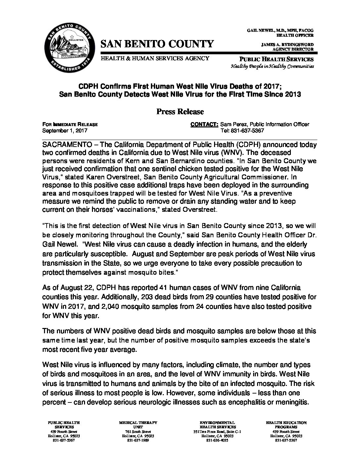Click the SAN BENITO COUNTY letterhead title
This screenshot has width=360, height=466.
point(157,44)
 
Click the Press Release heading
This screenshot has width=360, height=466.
point(180,112)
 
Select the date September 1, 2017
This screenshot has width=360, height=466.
point(65,130)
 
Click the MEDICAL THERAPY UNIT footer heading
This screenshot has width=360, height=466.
point(138,425)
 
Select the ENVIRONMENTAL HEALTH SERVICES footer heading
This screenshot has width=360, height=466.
point(217,425)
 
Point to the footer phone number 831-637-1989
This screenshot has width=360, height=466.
point(138,441)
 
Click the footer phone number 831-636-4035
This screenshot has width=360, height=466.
point(217,441)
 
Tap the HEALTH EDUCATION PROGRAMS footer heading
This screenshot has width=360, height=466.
point(286,425)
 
